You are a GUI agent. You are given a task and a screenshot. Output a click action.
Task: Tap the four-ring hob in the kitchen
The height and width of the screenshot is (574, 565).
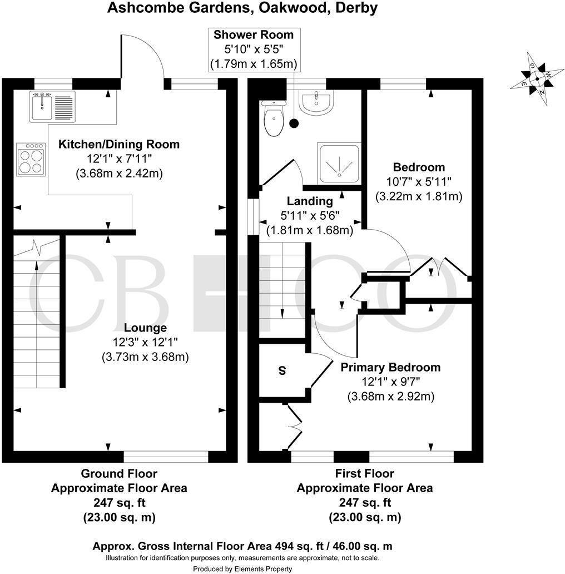[x=31, y=159]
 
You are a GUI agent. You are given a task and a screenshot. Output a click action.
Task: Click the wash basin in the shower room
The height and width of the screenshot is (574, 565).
[x=316, y=102]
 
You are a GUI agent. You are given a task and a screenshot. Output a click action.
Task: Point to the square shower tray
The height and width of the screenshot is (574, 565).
[x=339, y=164]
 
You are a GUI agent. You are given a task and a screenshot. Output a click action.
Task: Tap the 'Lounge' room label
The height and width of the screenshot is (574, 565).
[x=145, y=328]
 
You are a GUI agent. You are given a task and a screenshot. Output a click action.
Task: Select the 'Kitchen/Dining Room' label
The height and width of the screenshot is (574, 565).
[x=119, y=145]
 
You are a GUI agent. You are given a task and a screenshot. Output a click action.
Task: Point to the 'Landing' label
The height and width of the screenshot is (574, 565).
[x=310, y=201]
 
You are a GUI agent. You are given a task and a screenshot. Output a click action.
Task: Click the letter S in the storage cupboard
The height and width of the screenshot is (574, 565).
[x=282, y=371]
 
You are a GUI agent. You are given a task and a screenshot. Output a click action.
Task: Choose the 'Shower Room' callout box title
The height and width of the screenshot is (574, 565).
[x=254, y=35]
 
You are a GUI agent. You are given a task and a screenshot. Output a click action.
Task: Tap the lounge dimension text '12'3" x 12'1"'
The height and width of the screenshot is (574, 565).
[x=145, y=342]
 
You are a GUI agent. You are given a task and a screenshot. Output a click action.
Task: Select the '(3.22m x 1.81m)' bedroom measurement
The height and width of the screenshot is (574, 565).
[x=419, y=196]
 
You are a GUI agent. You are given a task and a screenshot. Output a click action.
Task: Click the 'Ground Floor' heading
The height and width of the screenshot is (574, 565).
[x=119, y=474]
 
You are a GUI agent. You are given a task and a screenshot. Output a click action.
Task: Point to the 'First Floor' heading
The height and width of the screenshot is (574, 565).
[x=364, y=474]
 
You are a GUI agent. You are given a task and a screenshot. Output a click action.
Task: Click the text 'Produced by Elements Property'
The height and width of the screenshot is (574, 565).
[x=242, y=568]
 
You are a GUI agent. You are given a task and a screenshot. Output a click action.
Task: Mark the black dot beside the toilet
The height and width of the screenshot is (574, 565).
[x=294, y=123]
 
